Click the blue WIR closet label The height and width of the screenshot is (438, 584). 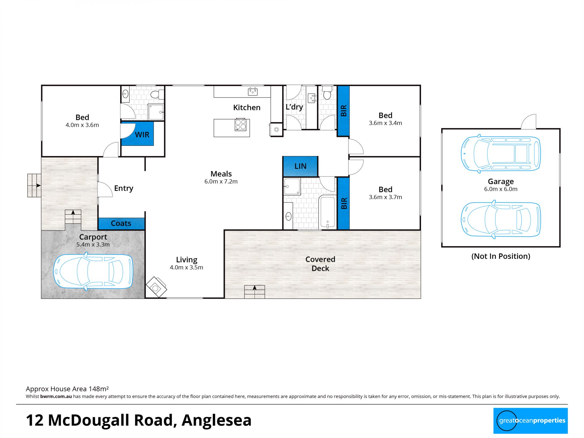pyautogui.click(x=142, y=135)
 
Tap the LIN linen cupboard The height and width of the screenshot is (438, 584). pyautogui.click(x=300, y=166)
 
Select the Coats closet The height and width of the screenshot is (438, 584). pyautogui.click(x=121, y=224)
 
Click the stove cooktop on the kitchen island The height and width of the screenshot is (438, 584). pyautogui.click(x=241, y=125)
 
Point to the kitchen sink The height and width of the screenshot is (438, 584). pyautogui.click(x=253, y=91)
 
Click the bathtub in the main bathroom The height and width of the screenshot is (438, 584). pyautogui.click(x=327, y=212)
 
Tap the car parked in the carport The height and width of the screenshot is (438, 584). pyautogui.click(x=93, y=271)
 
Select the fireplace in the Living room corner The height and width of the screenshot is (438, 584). pyautogui.click(x=156, y=287)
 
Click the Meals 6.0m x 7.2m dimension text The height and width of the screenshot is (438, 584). pyautogui.click(x=221, y=182)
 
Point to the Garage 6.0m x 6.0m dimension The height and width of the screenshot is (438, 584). pyautogui.click(x=501, y=189)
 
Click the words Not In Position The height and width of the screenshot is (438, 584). pyautogui.click(x=501, y=256)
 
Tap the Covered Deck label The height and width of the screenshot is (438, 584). pyautogui.click(x=320, y=264)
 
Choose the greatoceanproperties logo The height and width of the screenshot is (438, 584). pyautogui.click(x=530, y=421)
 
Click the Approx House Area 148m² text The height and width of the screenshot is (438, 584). pyautogui.click(x=67, y=389)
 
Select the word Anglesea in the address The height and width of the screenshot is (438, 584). pyautogui.click(x=217, y=420)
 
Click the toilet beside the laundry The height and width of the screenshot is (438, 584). pyautogui.click(x=327, y=93)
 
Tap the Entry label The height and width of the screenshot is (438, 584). pyautogui.click(x=123, y=189)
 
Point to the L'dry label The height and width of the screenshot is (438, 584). pyautogui.click(x=294, y=107)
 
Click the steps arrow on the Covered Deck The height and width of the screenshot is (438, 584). pyautogui.click(x=255, y=288)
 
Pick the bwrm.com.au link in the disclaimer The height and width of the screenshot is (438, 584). pyautogui.click(x=56, y=397)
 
